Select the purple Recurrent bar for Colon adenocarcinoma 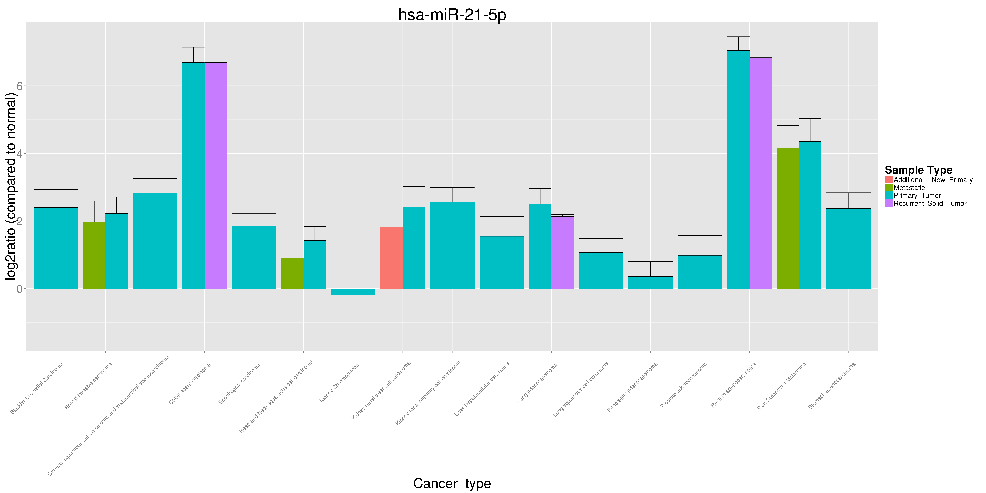click(x=215, y=175)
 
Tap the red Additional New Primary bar click(x=392, y=258)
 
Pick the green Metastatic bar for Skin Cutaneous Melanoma click(x=788, y=218)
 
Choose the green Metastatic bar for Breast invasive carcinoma click(x=94, y=255)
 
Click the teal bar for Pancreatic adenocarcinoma click(x=650, y=282)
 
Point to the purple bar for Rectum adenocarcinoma click(x=761, y=173)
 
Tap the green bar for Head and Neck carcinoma click(x=292, y=273)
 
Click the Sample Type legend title click(x=919, y=170)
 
